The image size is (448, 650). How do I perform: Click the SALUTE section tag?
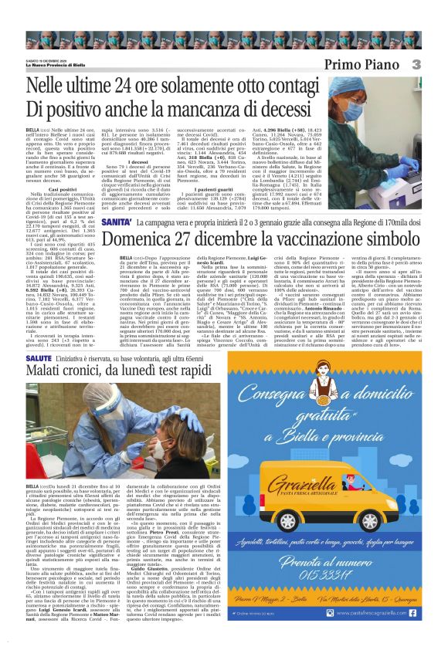tap(41, 359)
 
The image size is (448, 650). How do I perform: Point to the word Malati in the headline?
tap(50, 377)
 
